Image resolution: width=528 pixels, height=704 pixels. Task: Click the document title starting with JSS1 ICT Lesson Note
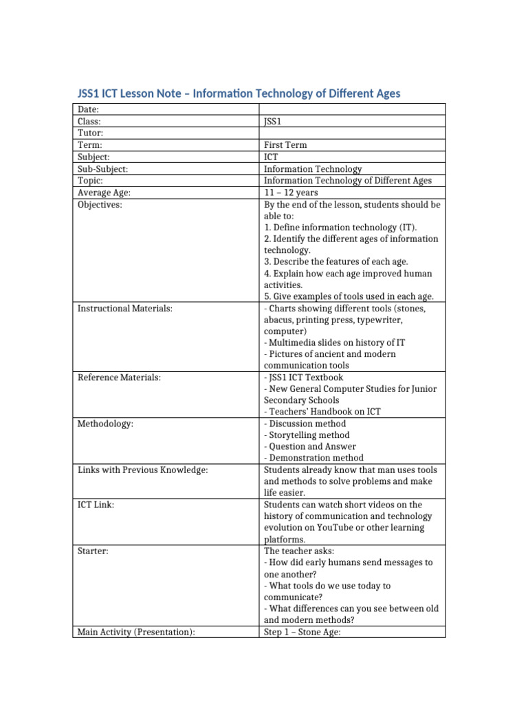[237, 93]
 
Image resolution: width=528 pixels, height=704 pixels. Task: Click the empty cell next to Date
[351, 109]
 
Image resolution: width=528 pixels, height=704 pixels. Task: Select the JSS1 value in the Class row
[273, 121]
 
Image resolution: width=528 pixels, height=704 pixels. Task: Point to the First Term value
[285, 145]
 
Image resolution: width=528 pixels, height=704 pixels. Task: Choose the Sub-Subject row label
[103, 168]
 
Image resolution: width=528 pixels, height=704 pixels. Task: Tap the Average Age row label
[104, 192]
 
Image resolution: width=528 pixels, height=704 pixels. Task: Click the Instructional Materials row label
[124, 309]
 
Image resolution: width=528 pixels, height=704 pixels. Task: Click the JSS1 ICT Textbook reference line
[303, 377]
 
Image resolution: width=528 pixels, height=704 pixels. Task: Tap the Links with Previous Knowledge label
[142, 470]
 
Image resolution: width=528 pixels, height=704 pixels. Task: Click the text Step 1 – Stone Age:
[302, 632]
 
